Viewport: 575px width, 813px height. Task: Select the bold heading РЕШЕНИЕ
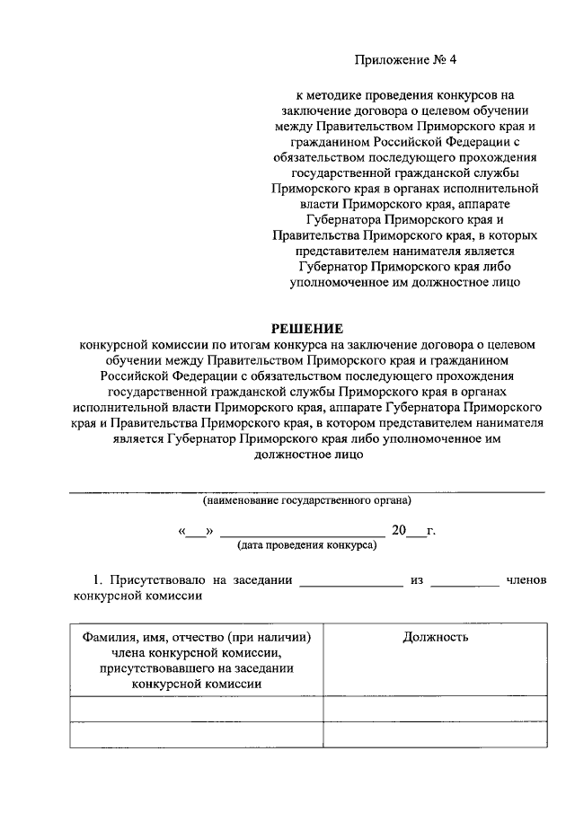pos(307,328)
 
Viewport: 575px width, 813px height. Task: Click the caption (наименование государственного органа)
pos(306,499)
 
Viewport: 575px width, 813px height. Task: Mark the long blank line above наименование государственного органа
pos(306,491)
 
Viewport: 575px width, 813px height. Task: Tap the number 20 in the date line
pos(399,530)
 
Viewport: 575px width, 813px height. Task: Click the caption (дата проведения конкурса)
pos(306,545)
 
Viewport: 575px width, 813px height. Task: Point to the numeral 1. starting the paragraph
pos(101,580)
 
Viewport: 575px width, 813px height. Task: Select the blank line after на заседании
pos(350,583)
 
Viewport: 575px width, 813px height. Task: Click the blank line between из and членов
pos(464,583)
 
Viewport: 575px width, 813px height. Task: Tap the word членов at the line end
pos(526,580)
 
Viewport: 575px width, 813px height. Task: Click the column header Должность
pos(435,637)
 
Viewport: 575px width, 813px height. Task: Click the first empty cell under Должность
pos(435,709)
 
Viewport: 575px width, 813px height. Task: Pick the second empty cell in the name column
pos(196,735)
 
